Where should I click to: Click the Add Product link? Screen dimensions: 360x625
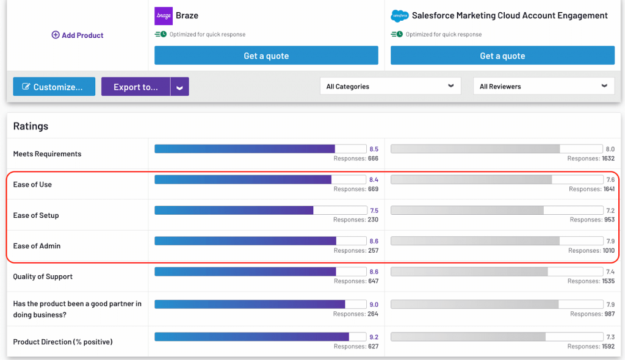[x=78, y=35]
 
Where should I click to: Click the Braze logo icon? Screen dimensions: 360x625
[x=164, y=16]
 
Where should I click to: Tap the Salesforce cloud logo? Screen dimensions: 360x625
[x=399, y=16]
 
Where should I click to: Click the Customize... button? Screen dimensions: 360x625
[x=54, y=87]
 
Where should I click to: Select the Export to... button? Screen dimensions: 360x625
[x=135, y=87]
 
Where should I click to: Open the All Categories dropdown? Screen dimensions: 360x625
[x=390, y=86]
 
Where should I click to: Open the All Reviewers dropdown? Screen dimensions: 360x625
[x=543, y=86]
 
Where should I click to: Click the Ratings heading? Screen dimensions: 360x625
[x=31, y=126]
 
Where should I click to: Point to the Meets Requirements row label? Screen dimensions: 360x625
[x=47, y=154]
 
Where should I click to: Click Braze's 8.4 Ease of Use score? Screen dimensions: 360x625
[x=374, y=180]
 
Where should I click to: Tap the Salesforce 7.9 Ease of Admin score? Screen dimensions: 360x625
[x=610, y=242]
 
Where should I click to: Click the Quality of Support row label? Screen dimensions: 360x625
[x=43, y=276]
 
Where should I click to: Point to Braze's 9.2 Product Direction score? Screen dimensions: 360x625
[x=374, y=337]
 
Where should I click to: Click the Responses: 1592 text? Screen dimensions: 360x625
[x=591, y=347]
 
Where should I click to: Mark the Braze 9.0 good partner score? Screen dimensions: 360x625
[x=374, y=304]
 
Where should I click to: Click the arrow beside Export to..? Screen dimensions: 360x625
[x=179, y=87]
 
